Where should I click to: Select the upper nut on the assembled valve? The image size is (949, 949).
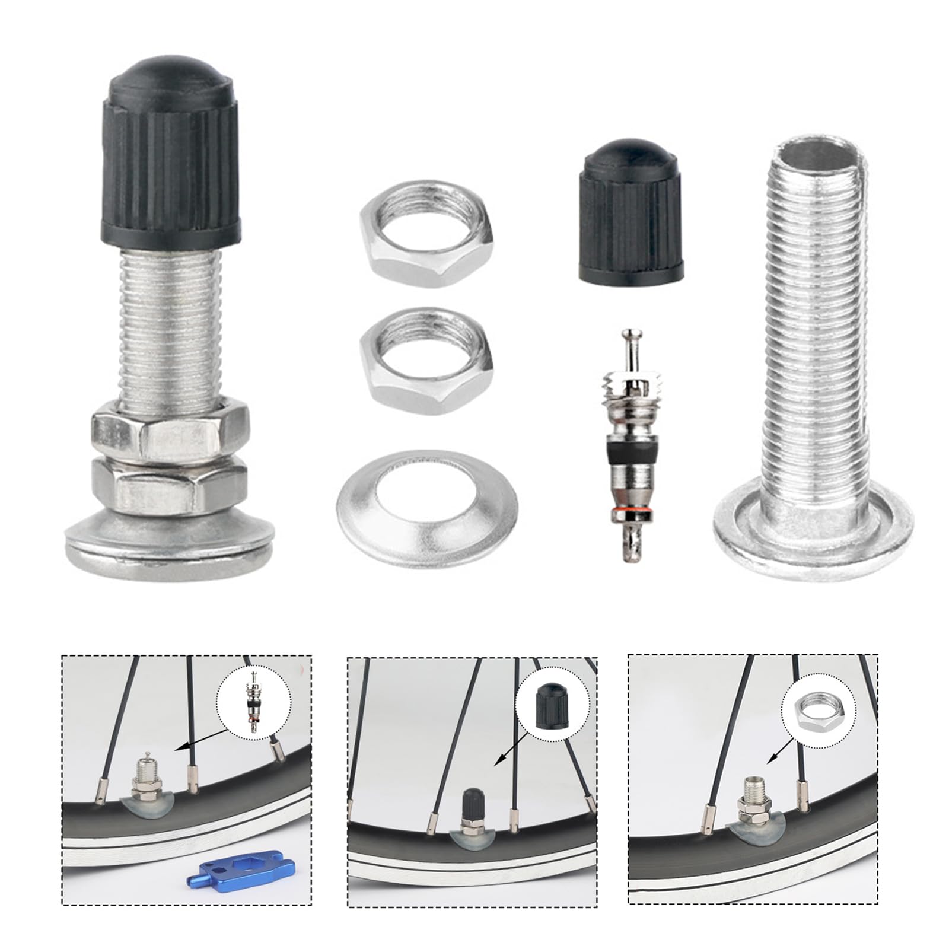coord(170,432)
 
